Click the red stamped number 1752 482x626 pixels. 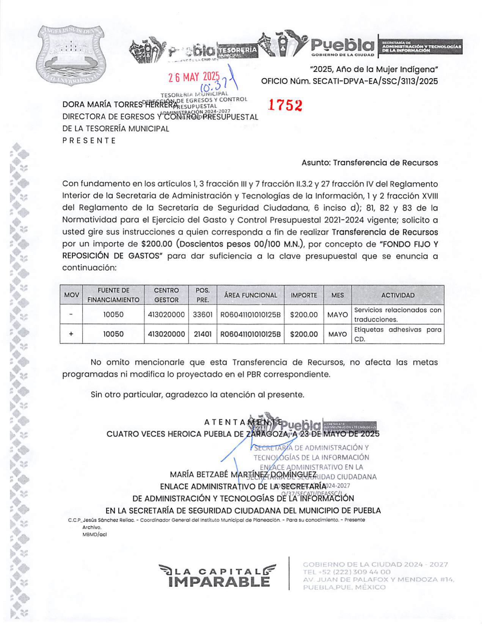[x=285, y=105]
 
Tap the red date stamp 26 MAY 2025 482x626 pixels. [x=194, y=77]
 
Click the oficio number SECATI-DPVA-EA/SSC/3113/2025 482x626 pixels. [x=375, y=81]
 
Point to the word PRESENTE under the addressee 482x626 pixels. [x=89, y=141]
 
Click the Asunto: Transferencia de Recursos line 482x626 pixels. [x=369, y=163]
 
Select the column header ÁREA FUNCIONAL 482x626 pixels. [x=250, y=295]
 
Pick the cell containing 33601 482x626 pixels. [x=203, y=315]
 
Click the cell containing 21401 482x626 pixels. [x=203, y=334]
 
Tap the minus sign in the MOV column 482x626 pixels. [x=71, y=315]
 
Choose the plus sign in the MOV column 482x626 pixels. [x=71, y=334]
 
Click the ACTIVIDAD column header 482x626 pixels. [x=397, y=295]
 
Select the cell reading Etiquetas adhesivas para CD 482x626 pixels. [x=397, y=334]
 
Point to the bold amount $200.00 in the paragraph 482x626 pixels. [x=157, y=244]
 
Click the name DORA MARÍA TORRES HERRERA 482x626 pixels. [x=119, y=104]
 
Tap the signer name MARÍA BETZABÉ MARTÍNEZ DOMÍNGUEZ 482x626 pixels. [x=243, y=475]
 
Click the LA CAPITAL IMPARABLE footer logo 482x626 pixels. [x=218, y=576]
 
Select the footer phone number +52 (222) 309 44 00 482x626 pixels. [x=347, y=572]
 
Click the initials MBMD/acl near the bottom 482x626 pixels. [x=94, y=535]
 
